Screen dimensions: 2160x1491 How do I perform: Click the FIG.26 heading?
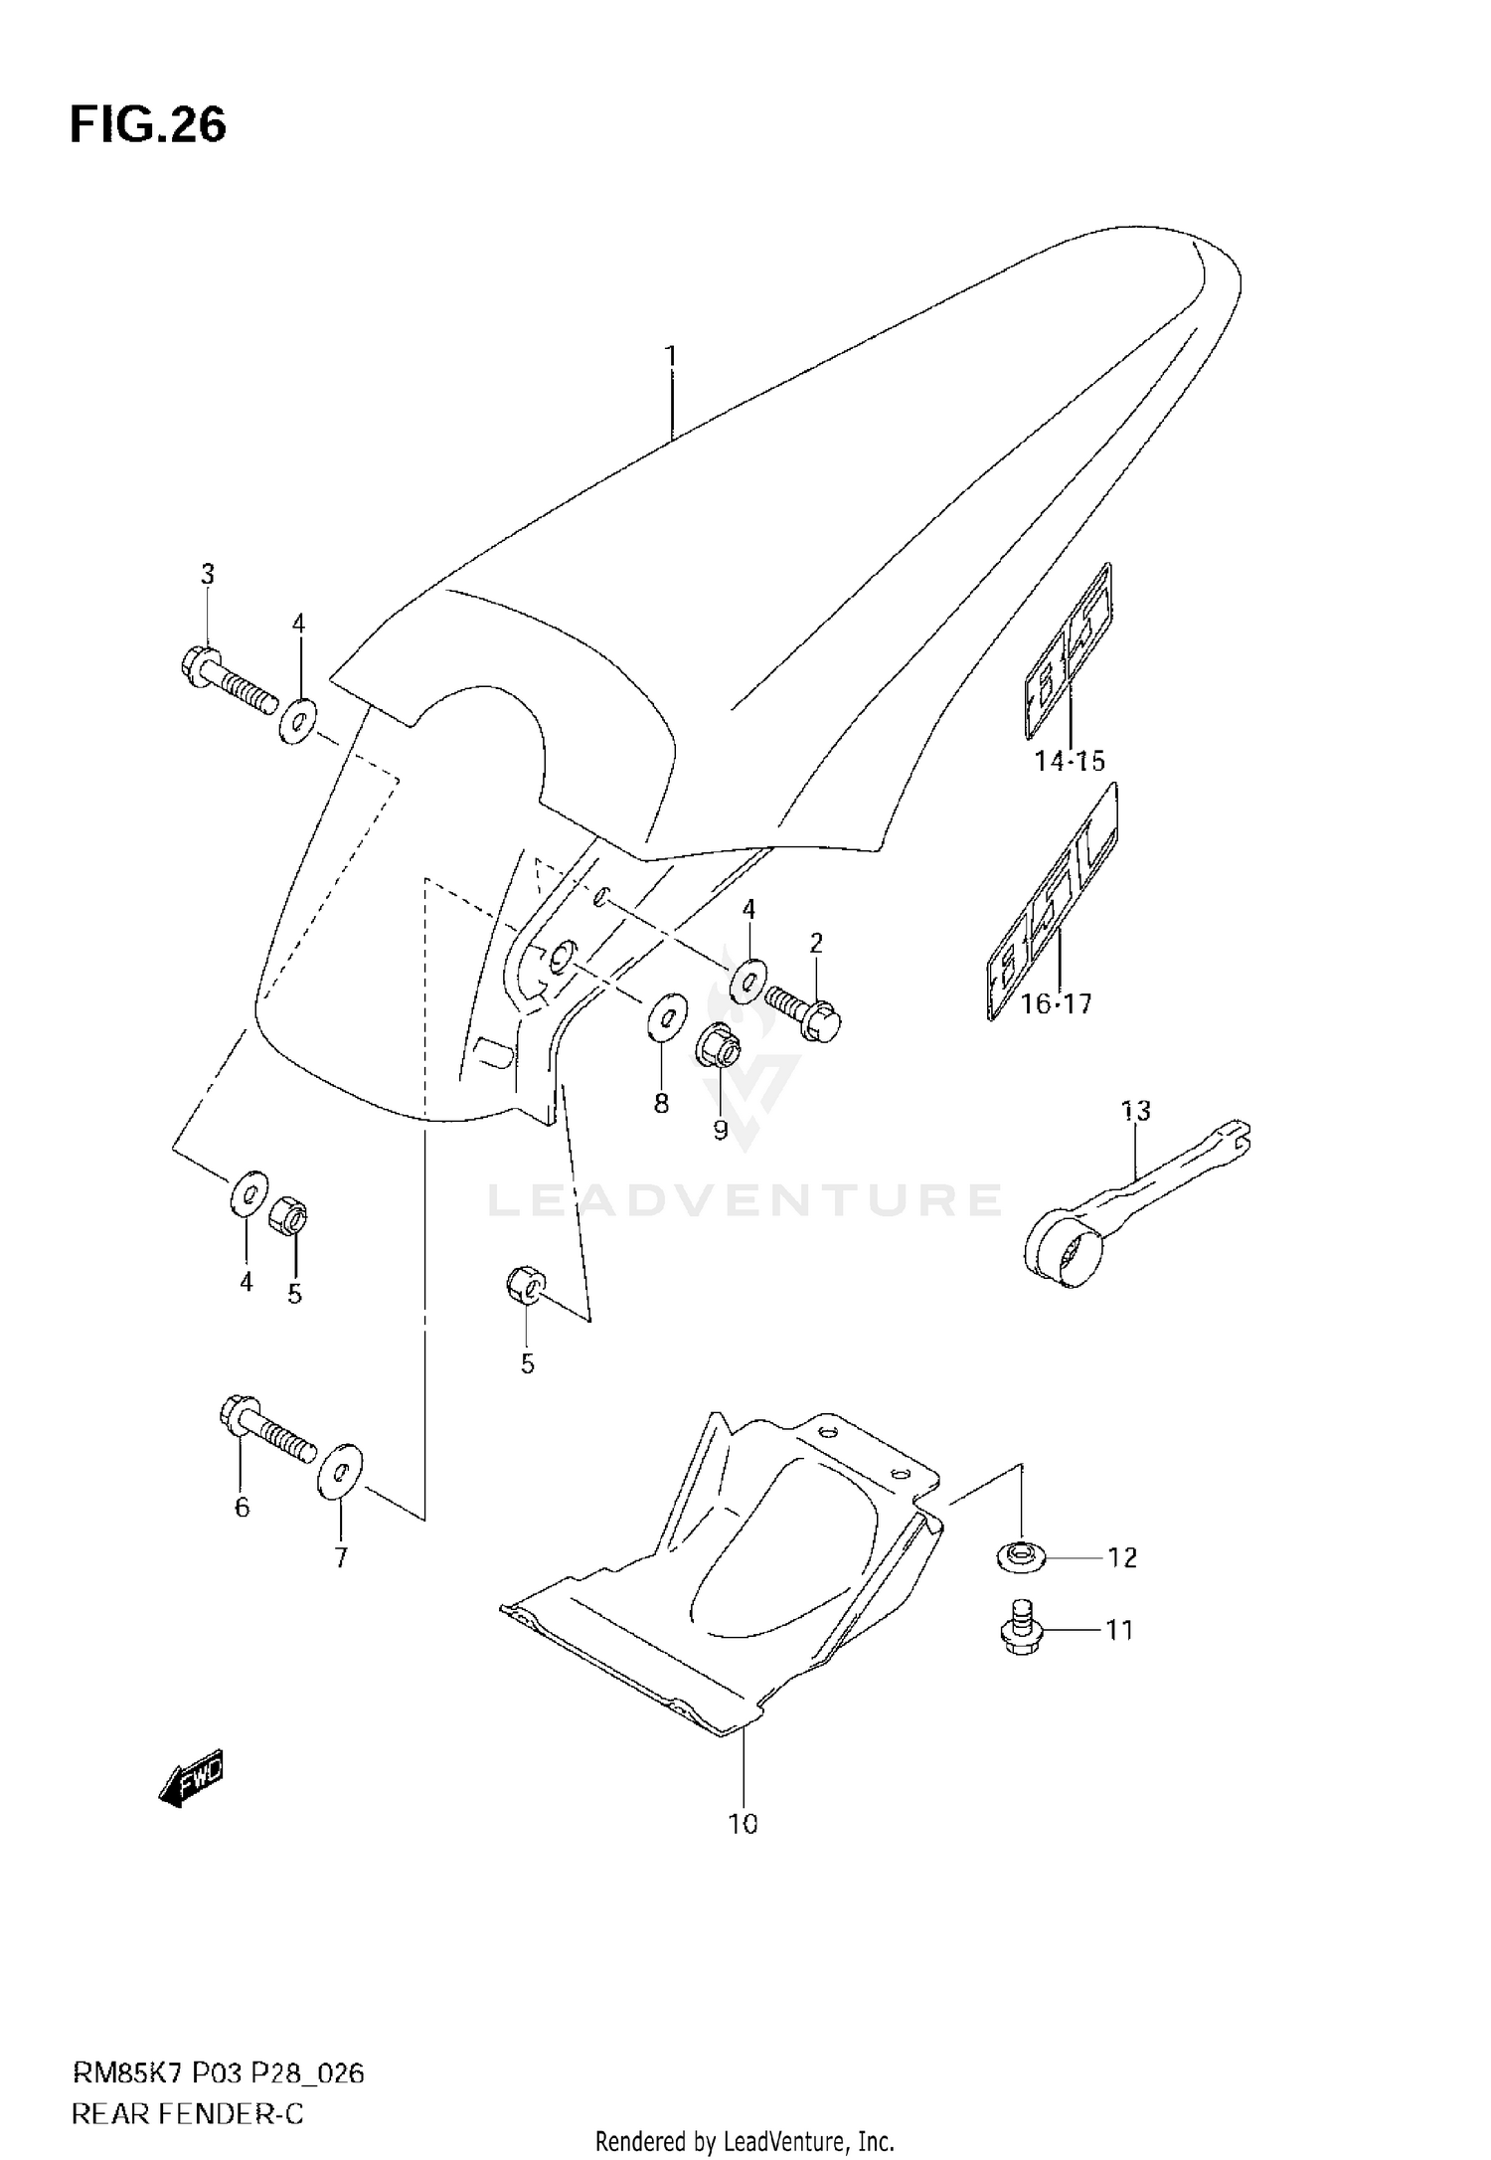(148, 126)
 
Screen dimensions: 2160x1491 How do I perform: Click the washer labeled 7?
(340, 1469)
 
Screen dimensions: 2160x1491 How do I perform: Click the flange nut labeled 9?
(719, 1046)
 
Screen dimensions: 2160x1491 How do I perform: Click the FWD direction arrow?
(192, 1778)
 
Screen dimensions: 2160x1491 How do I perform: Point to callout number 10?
(743, 1825)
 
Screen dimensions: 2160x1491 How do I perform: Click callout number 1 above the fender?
(671, 356)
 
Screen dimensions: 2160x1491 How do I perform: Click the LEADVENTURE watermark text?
(744, 1200)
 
